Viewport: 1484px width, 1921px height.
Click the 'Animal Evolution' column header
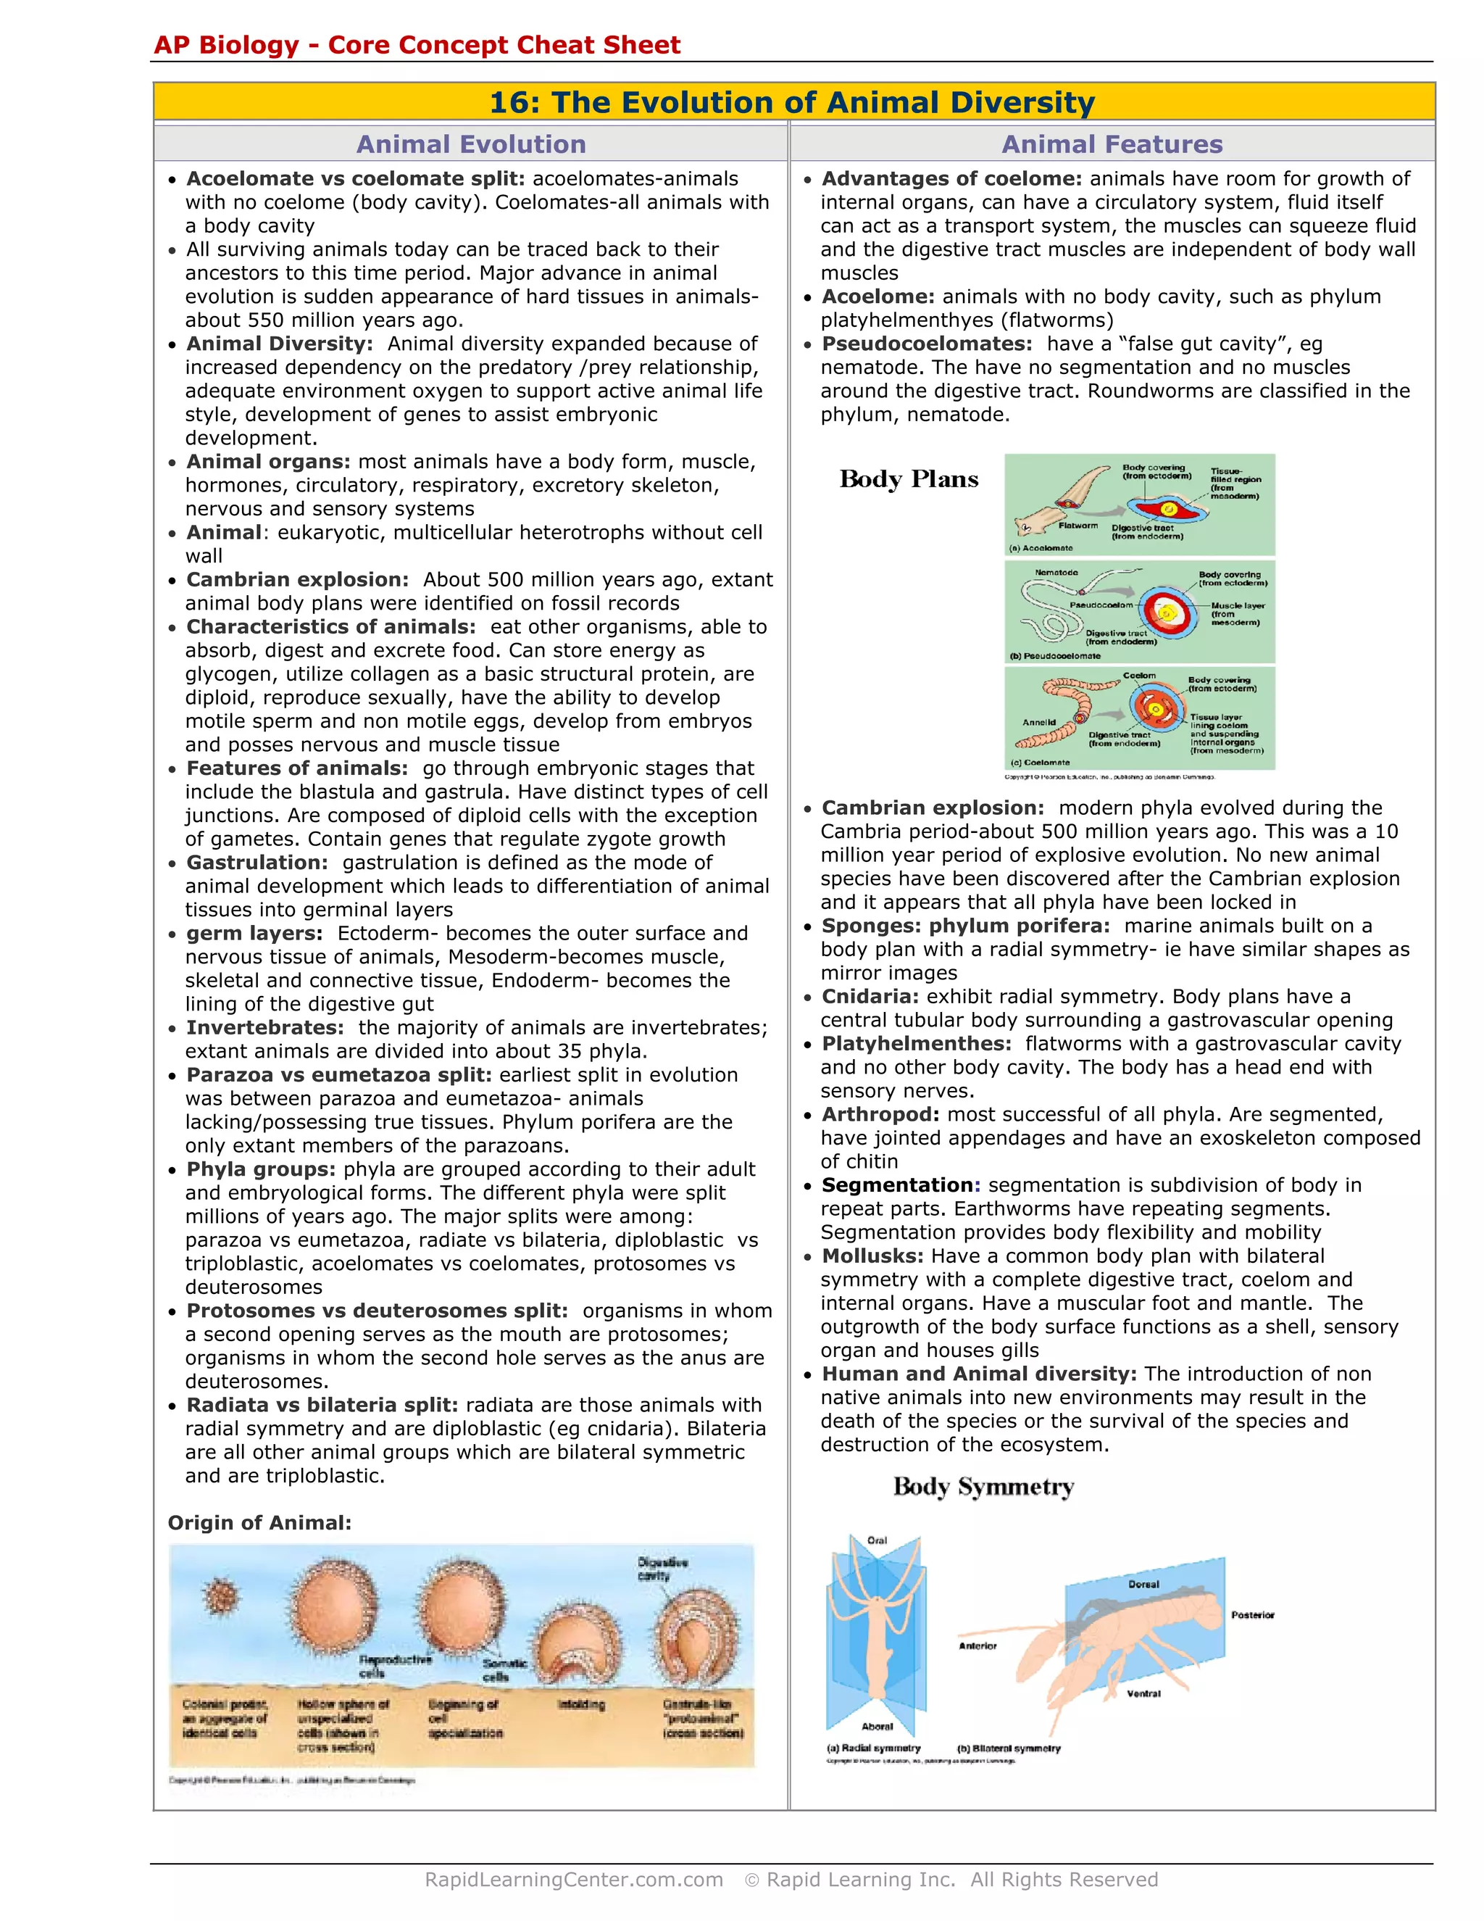tap(470, 144)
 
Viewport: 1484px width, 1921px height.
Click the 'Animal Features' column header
tap(1112, 144)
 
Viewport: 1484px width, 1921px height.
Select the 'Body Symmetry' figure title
tap(983, 1488)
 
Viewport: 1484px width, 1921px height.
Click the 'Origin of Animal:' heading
tap(259, 1522)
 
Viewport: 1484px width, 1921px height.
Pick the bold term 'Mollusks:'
tap(872, 1256)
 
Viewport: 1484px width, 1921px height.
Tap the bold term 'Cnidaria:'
tap(870, 997)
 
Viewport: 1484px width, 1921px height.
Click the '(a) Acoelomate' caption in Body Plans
tap(1042, 548)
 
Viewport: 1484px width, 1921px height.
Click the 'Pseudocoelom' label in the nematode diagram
tap(1101, 605)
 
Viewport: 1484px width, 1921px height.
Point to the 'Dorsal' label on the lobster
tap(1143, 1584)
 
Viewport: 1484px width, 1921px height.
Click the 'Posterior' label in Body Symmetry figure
tap(1252, 1615)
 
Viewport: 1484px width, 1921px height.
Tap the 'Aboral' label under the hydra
tap(877, 1727)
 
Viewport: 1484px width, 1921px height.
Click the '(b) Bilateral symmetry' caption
tap(1009, 1748)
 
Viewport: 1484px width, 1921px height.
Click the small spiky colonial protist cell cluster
tap(220, 1596)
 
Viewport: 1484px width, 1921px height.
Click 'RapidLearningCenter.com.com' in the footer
tap(573, 1880)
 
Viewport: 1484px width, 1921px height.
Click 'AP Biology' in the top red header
tap(226, 45)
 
